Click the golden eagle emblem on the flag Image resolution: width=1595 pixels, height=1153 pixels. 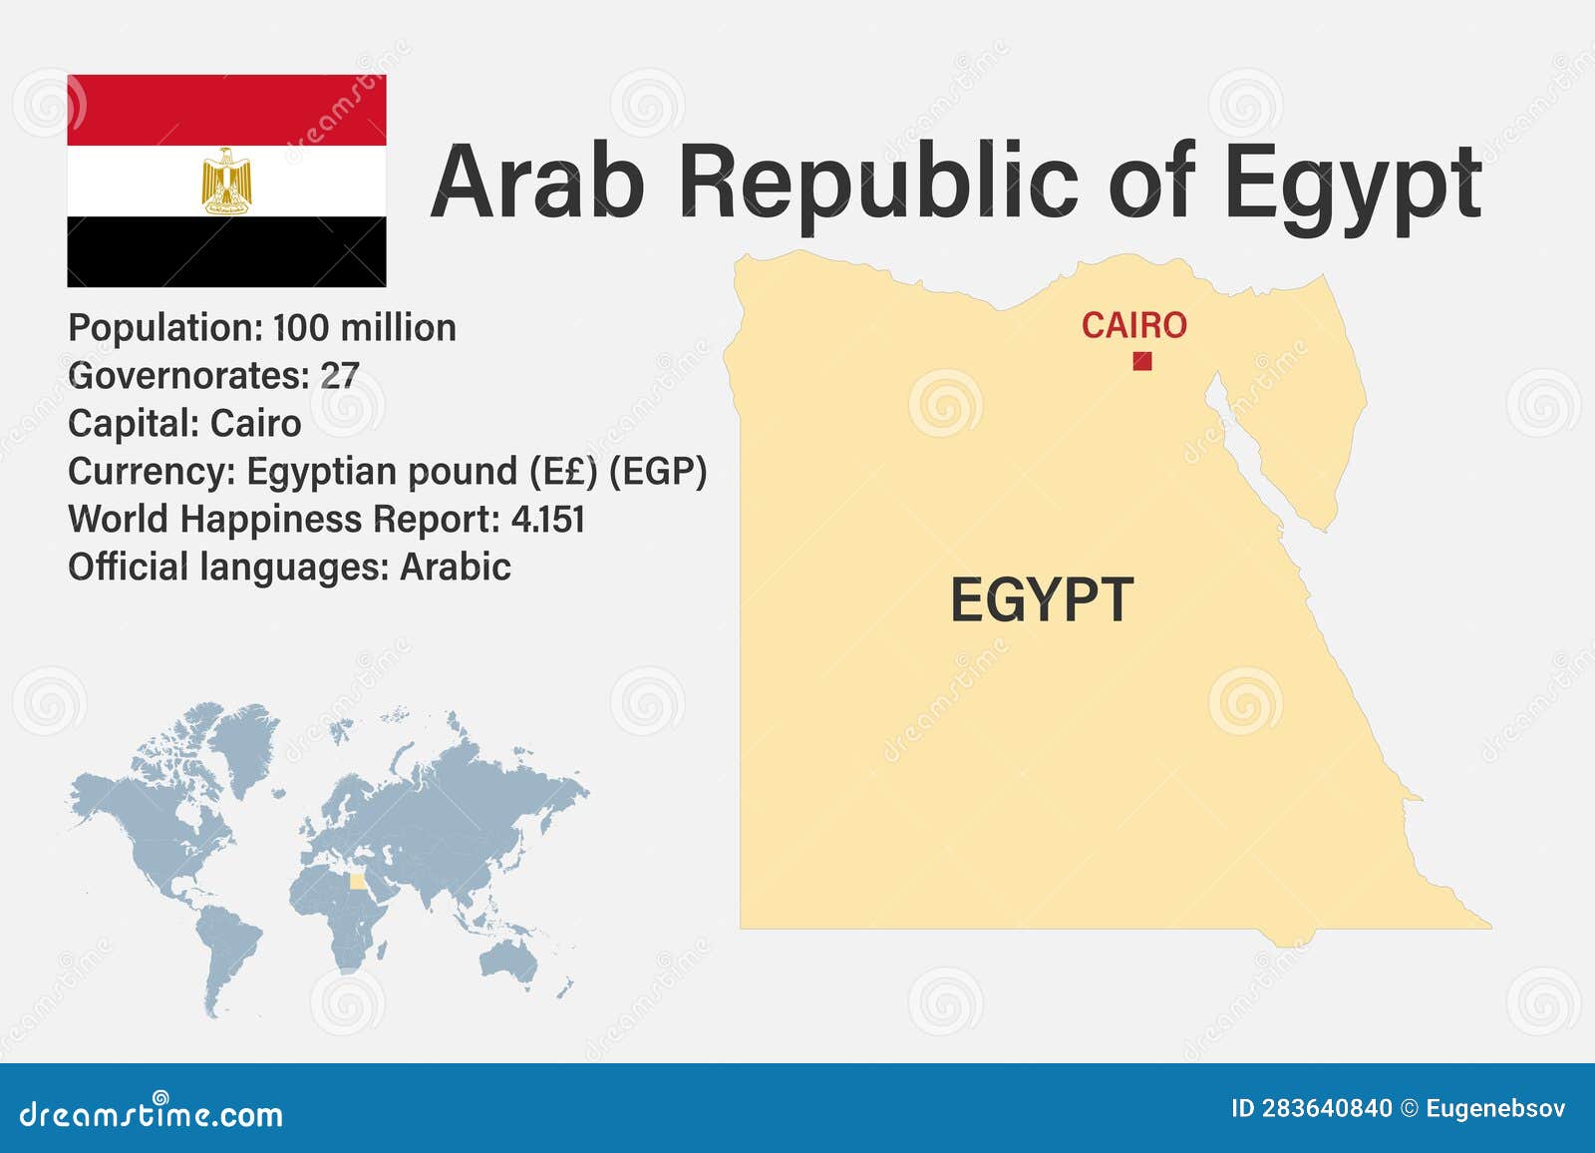click(x=227, y=181)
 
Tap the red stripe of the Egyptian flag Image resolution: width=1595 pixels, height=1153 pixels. click(x=226, y=110)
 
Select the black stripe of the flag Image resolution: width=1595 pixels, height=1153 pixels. click(x=226, y=251)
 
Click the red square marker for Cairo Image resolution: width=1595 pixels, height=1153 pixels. click(x=1142, y=361)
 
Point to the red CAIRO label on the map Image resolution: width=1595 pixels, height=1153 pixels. click(x=1133, y=325)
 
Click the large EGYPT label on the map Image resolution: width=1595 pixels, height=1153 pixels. click(x=1042, y=599)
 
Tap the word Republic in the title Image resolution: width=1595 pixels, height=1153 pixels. click(x=879, y=182)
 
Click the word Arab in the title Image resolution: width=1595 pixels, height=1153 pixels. click(x=538, y=182)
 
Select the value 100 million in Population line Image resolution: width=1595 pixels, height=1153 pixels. click(x=364, y=328)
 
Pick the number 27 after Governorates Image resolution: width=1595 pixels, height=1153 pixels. click(x=339, y=376)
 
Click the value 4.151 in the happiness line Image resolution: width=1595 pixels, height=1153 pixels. click(x=547, y=520)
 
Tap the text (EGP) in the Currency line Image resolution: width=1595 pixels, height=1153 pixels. click(x=658, y=472)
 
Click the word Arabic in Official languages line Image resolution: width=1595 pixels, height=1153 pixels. click(x=456, y=568)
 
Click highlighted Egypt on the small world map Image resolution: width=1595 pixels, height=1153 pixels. click(x=357, y=882)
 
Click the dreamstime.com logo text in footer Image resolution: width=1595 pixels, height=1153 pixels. click(x=152, y=1114)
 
